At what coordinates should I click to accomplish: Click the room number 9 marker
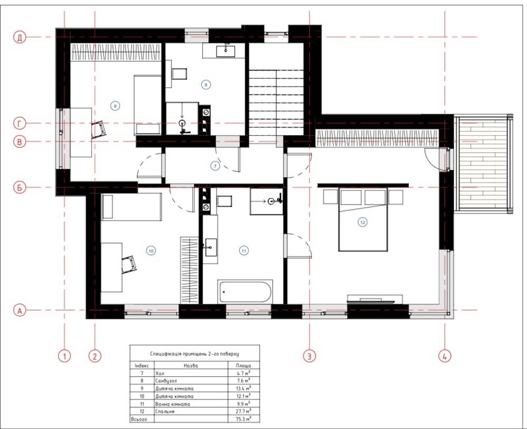click(115, 106)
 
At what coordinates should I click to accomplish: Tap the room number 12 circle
click(362, 222)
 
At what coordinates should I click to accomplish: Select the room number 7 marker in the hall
click(215, 166)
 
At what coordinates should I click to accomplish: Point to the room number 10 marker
click(151, 251)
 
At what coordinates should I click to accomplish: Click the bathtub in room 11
click(245, 292)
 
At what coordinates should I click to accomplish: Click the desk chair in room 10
click(129, 264)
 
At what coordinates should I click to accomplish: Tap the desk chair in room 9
click(99, 130)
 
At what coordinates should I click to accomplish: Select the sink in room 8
click(226, 51)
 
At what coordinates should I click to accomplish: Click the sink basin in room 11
click(210, 247)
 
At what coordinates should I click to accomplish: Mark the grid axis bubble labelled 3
click(309, 356)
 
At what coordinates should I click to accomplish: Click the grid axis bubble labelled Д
click(20, 38)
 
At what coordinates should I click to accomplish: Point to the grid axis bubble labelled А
click(20, 311)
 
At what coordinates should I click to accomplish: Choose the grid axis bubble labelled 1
click(64, 356)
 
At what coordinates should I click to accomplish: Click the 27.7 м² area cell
click(244, 411)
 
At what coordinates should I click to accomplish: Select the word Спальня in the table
click(165, 412)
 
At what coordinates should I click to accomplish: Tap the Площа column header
click(243, 366)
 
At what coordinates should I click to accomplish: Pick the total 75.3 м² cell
click(244, 419)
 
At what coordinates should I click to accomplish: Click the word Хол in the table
click(160, 373)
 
